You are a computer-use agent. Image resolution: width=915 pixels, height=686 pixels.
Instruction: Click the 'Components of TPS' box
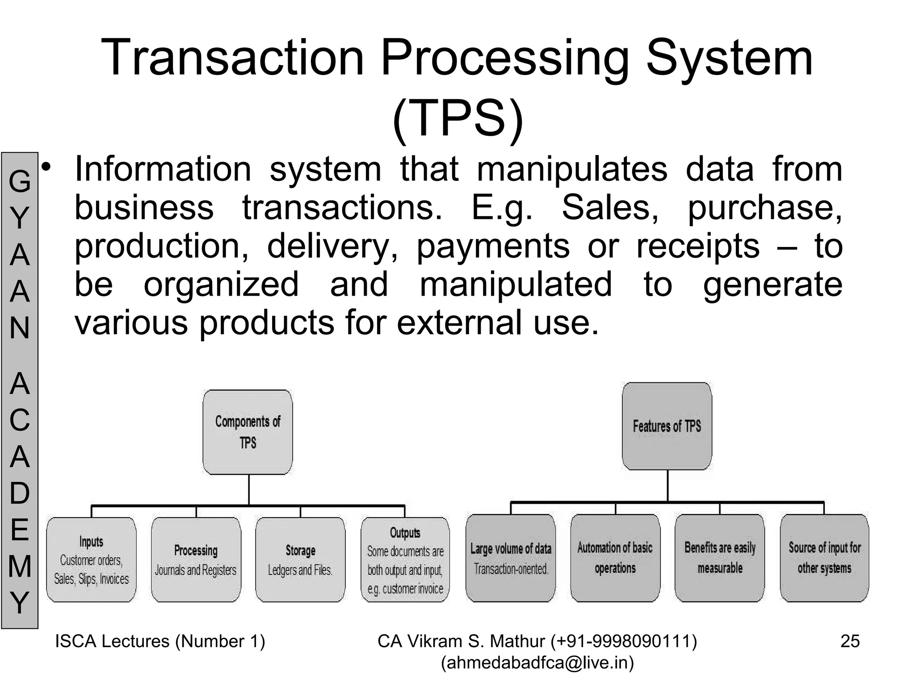(x=248, y=432)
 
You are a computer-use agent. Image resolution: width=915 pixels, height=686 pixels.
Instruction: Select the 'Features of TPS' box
(x=667, y=426)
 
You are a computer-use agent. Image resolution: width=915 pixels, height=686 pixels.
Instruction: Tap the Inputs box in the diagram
(x=92, y=560)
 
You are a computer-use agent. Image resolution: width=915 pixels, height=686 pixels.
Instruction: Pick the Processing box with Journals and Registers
(x=196, y=560)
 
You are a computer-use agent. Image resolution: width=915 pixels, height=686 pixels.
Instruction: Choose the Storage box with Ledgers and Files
(x=300, y=560)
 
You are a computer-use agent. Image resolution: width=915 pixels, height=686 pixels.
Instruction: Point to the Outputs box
(x=405, y=560)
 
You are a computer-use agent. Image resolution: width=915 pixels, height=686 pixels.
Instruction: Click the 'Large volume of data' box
(x=511, y=558)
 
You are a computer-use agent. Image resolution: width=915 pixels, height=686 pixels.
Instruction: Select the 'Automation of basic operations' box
(x=615, y=558)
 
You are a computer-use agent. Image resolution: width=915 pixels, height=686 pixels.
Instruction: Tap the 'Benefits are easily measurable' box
(x=720, y=558)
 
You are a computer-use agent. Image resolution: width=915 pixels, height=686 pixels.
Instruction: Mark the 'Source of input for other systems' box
(x=824, y=558)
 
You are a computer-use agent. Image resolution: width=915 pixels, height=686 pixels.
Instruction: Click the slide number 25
(x=850, y=641)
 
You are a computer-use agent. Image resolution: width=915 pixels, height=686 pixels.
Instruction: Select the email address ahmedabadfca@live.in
(x=537, y=663)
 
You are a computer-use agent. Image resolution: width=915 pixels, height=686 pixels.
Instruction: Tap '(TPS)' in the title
(x=457, y=118)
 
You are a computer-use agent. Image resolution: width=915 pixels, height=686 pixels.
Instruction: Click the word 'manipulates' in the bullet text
(x=572, y=170)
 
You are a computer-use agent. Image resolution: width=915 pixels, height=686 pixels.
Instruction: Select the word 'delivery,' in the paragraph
(x=332, y=247)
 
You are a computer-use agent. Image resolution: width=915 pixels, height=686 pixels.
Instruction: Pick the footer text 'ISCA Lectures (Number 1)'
(x=160, y=641)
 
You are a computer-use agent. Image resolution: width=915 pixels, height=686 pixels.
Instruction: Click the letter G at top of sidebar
(x=20, y=182)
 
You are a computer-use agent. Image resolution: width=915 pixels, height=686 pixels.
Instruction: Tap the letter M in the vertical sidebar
(x=20, y=566)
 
